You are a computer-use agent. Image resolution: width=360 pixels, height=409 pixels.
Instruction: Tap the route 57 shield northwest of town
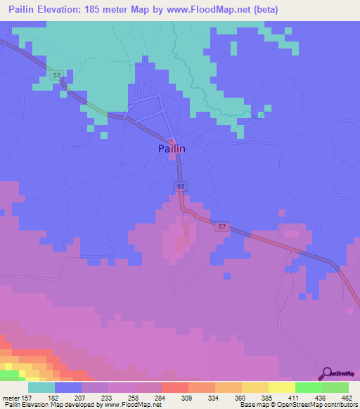[x=56, y=74]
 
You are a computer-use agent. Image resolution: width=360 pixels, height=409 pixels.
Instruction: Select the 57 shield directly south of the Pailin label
[x=181, y=186]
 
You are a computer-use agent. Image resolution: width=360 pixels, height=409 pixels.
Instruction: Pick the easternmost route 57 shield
[x=222, y=226]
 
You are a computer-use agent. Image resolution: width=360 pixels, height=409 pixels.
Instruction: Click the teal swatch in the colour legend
[x=41, y=387]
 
